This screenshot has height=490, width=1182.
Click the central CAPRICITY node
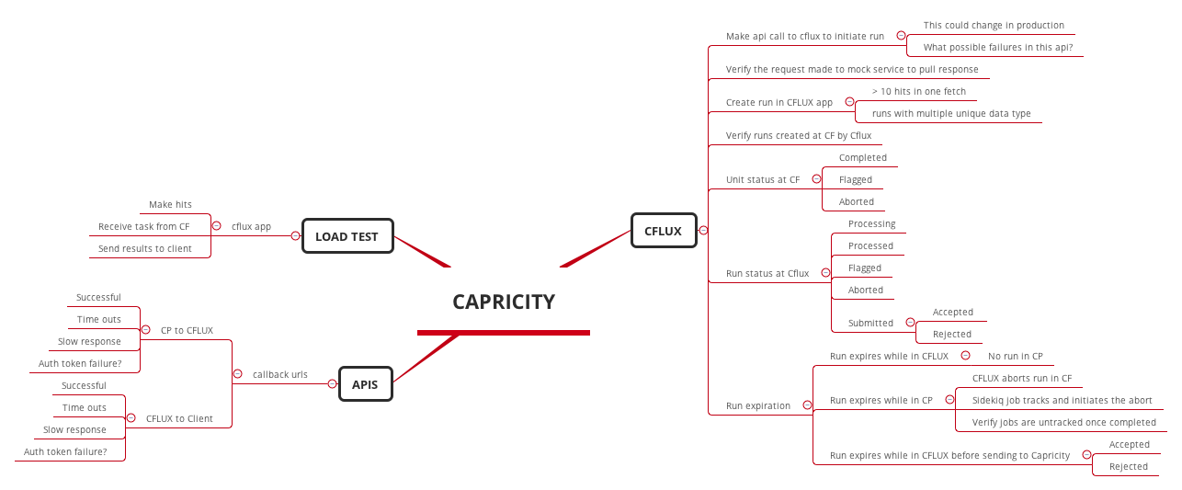coord(504,302)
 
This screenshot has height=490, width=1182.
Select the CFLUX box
coord(663,231)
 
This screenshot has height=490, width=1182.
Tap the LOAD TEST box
coord(347,236)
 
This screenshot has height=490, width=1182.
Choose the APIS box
coord(365,384)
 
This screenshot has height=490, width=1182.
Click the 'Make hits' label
coord(170,204)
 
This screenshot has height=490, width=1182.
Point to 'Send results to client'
coord(145,248)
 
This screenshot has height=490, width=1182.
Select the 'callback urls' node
coord(280,374)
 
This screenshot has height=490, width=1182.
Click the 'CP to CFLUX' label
coord(187,330)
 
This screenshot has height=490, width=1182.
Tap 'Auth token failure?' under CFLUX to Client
coord(65,451)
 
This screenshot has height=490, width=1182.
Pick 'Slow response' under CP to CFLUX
coord(89,341)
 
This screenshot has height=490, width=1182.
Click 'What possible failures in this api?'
coord(998,47)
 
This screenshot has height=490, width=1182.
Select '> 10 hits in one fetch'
coord(919,91)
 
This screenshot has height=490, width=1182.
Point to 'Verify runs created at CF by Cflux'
coord(799,135)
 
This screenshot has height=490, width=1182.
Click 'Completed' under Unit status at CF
coord(863,157)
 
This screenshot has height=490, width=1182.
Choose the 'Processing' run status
coord(871,223)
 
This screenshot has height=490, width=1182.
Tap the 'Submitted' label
coord(870,323)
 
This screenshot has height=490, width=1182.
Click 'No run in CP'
coord(1015,356)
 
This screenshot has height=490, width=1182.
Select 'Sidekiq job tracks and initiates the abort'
coord(1062,400)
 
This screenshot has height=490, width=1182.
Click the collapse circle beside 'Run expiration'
coord(807,405)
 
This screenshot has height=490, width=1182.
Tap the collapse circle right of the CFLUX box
coord(703,231)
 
